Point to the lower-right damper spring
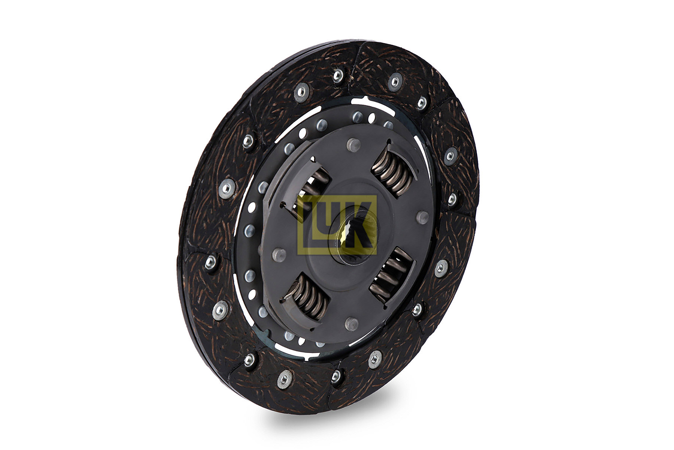(391, 274)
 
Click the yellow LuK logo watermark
(337, 225)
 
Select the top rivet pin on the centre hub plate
(353, 144)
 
